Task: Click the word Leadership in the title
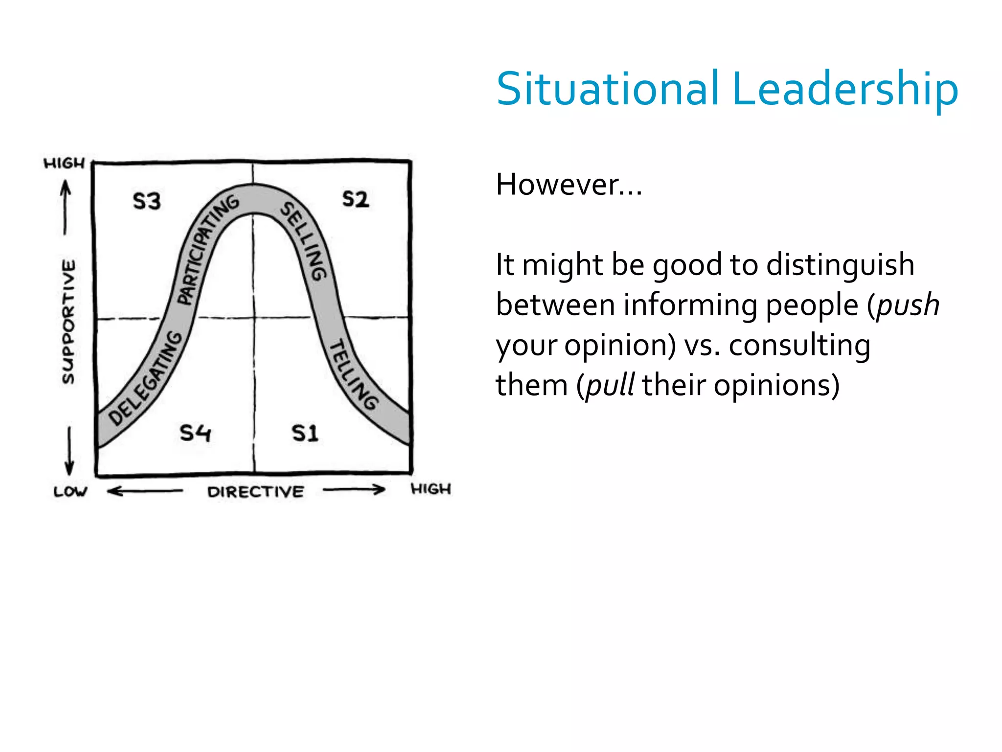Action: coord(845,89)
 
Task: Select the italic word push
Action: coord(908,305)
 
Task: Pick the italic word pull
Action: coord(610,385)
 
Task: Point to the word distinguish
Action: coord(840,265)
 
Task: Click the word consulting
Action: coord(799,345)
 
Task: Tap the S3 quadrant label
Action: coord(147,201)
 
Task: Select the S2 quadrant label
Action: coord(355,199)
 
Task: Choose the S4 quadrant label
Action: coord(195,433)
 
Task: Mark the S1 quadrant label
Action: coord(305,433)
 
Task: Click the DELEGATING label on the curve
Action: coord(145,378)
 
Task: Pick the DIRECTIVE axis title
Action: coord(255,492)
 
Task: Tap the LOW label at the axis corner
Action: coord(70,491)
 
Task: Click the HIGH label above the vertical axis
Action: coord(64,163)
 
